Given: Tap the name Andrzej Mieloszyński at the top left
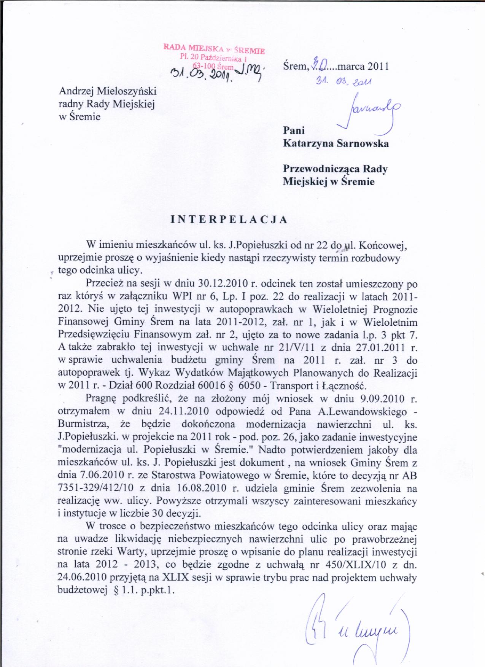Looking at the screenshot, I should [x=108, y=91].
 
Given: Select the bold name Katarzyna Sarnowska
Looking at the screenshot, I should [x=336, y=143].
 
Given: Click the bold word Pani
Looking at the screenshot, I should [x=294, y=131].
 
